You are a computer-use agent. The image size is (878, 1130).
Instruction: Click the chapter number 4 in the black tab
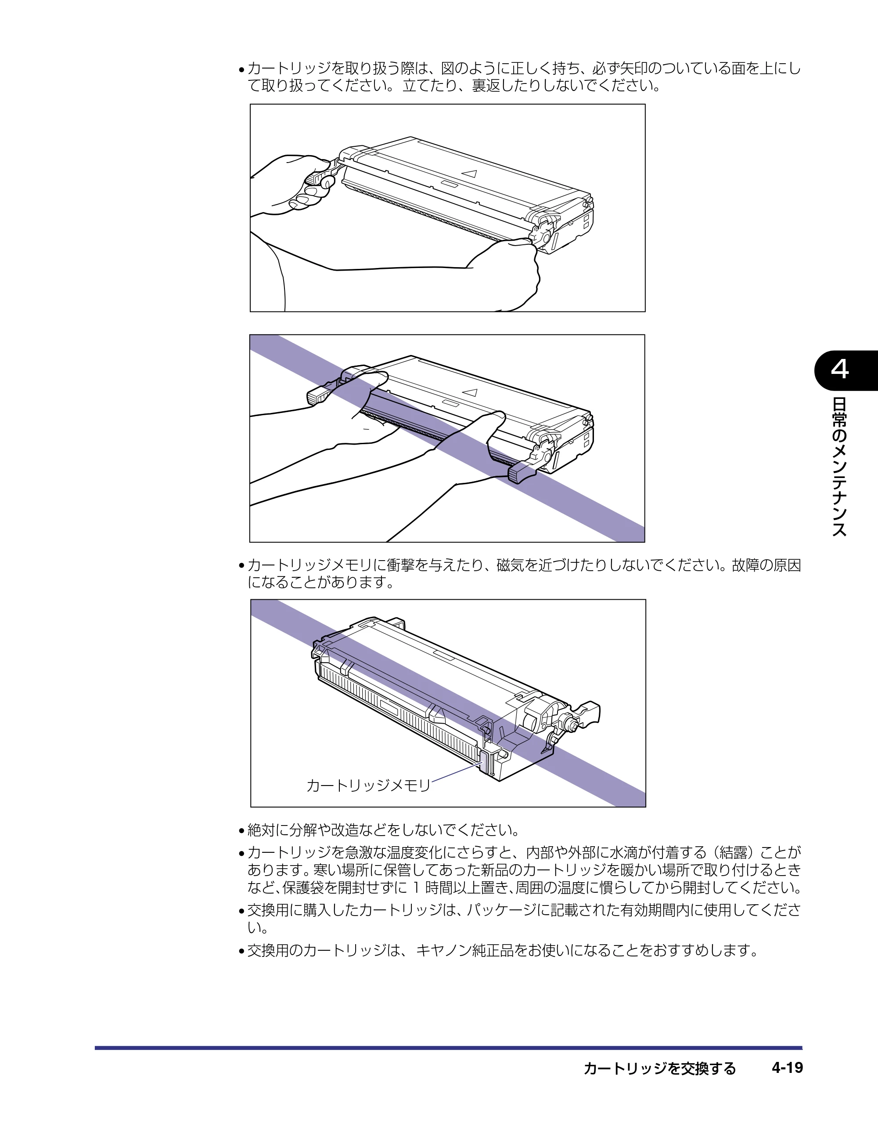(x=840, y=370)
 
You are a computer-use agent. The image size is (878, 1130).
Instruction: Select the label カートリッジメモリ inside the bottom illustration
(x=368, y=786)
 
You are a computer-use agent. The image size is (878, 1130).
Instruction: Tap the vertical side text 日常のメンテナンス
(x=840, y=467)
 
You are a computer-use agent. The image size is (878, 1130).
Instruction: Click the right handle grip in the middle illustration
(x=520, y=472)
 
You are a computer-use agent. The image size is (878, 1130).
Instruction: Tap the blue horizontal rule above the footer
(x=448, y=1048)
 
